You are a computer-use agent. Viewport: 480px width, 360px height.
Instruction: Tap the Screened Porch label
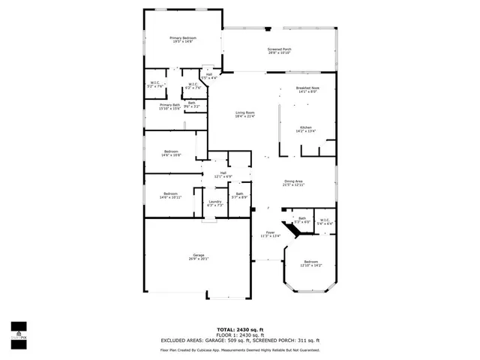pos(279,51)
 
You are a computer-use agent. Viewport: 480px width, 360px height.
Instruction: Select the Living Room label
pos(245,114)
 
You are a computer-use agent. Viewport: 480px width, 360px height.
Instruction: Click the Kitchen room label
pos(306,129)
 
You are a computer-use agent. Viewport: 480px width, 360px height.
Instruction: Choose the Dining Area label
pos(293,182)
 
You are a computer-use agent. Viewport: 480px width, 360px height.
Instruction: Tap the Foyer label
pos(271,234)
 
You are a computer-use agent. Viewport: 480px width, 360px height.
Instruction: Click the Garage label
pos(198,257)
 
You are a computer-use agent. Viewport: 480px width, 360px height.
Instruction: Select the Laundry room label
pos(214,203)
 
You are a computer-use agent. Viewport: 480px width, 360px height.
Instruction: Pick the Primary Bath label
pos(169,106)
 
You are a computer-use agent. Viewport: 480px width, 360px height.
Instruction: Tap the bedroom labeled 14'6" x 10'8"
pos(171,153)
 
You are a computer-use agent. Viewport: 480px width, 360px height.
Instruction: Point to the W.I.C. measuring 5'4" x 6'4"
pos(325,222)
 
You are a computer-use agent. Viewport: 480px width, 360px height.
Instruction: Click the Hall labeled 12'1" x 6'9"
pos(223,175)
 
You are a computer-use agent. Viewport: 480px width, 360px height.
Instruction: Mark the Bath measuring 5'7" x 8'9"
pos(239,195)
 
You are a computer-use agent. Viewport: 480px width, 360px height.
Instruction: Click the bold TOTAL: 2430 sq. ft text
pos(239,329)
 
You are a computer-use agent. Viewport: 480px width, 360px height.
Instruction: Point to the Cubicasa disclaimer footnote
pos(240,349)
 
